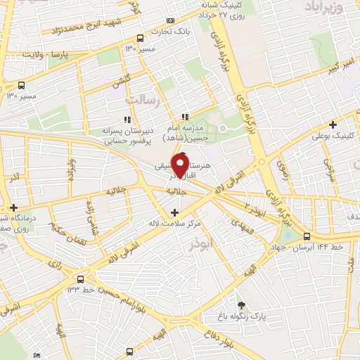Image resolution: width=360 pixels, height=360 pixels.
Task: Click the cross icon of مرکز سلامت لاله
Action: (x=174, y=212)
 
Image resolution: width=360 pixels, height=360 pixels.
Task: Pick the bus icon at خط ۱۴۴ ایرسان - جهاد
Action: (x=307, y=237)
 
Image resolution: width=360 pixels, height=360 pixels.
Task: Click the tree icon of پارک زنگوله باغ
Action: (x=242, y=304)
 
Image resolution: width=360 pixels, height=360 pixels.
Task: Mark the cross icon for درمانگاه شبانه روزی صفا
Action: (x=13, y=206)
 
